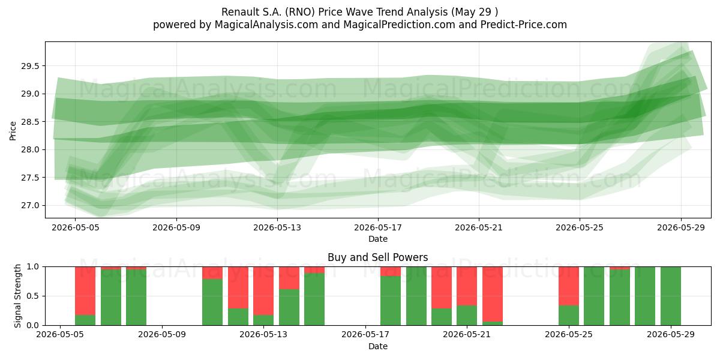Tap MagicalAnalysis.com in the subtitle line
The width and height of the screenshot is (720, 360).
[266, 25]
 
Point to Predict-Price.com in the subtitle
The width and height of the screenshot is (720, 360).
[524, 25]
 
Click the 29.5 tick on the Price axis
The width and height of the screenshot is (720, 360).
[30, 66]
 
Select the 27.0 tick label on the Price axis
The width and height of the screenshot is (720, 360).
[30, 205]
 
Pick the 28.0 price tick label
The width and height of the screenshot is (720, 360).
[30, 150]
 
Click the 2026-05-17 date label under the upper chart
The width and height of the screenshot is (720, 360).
[378, 228]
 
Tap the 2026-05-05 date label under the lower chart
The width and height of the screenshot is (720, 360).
[60, 335]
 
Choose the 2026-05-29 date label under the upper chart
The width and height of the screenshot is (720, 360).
[681, 228]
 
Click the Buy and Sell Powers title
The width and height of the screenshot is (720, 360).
[377, 257]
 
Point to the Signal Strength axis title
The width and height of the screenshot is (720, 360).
[17, 296]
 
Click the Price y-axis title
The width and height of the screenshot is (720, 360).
[13, 131]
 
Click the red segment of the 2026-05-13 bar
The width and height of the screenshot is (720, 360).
[263, 291]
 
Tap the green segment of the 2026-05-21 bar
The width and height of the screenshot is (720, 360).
[467, 316]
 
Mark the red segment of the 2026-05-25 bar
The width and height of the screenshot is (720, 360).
[569, 286]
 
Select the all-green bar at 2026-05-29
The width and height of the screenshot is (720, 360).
[671, 296]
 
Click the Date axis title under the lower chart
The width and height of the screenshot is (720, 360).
[378, 347]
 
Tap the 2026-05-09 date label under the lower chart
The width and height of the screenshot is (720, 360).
[162, 335]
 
